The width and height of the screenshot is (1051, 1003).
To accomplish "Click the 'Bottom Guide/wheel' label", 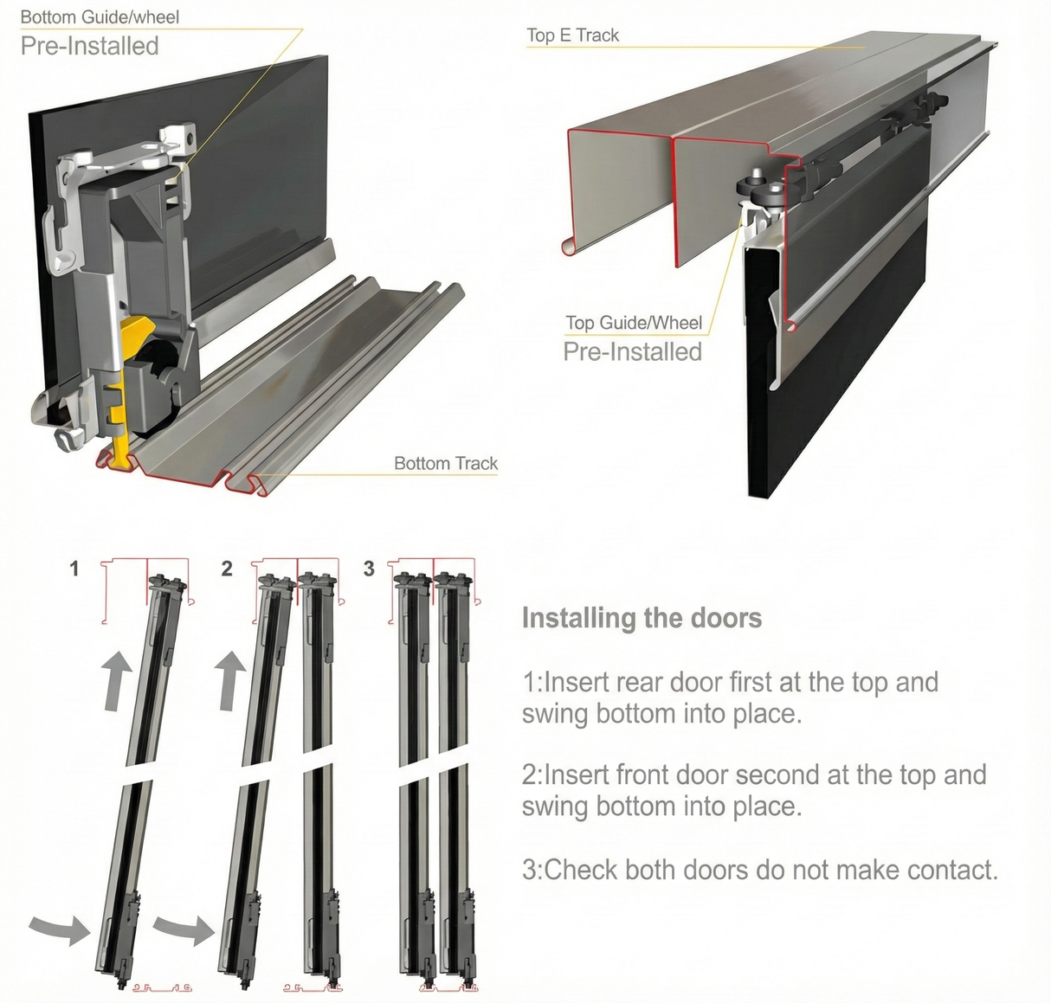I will coord(100,17).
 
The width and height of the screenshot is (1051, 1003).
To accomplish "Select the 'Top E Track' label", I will coord(572,35).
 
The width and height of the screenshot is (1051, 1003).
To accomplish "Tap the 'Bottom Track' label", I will coord(445,463).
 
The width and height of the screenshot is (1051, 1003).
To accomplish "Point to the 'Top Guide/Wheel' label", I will coord(633,323).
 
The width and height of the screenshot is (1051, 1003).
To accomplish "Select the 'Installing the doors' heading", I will coord(642,618).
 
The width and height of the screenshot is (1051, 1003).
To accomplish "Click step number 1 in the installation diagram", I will coord(74,569).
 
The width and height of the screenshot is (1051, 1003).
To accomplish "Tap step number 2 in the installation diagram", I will coord(227,569).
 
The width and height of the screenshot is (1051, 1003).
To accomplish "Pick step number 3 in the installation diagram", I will coord(369,569).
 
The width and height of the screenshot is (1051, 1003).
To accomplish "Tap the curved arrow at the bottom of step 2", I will coord(184,929).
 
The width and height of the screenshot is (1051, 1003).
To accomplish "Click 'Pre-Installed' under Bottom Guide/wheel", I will coord(89,46).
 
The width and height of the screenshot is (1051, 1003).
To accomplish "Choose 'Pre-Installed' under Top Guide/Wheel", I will coord(632,352).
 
